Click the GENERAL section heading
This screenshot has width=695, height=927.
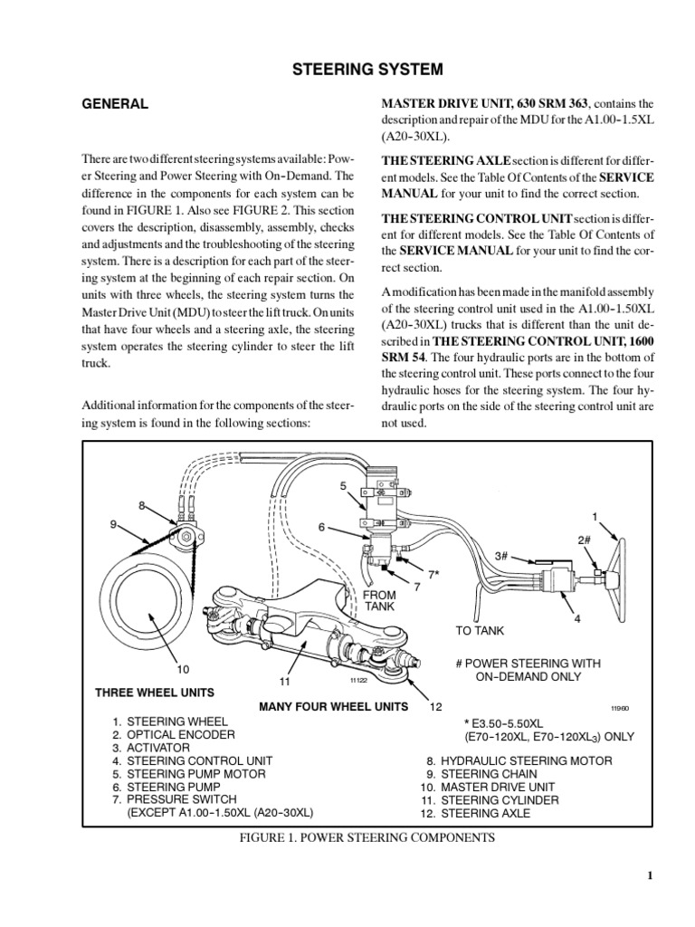(x=115, y=104)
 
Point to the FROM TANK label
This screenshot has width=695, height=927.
(x=379, y=600)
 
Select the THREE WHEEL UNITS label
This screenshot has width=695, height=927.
(x=155, y=693)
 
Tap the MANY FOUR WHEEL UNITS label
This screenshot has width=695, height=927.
(x=333, y=706)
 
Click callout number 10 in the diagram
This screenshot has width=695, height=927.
(x=182, y=670)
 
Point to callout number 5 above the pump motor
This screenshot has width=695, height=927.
(x=343, y=486)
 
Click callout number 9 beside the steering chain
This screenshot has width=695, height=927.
(x=114, y=524)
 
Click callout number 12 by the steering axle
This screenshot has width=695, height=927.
(x=435, y=706)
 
